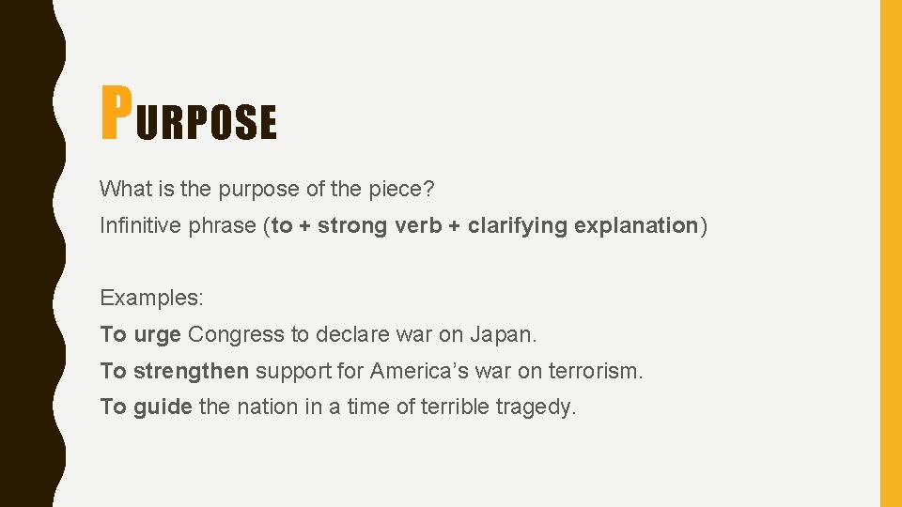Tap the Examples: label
click(x=151, y=299)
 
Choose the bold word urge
click(x=158, y=335)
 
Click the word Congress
click(x=236, y=335)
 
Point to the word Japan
click(x=507, y=334)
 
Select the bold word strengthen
click(x=192, y=371)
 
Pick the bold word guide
click(x=163, y=407)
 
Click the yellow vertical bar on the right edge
click(x=890, y=253)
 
